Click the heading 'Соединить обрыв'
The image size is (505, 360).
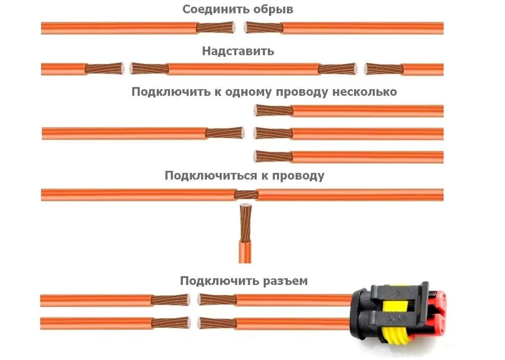[x=238, y=10]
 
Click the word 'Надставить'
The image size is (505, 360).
[x=238, y=51]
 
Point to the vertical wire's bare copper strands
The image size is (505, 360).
[x=245, y=223]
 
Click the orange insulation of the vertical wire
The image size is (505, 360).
[x=245, y=252]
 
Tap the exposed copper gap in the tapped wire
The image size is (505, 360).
[x=246, y=195]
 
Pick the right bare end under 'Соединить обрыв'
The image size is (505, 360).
[x=263, y=28]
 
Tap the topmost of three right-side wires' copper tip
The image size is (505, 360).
[x=274, y=111]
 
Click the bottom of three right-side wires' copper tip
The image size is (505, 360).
[x=274, y=157]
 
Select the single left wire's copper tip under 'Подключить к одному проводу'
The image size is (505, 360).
[x=225, y=133]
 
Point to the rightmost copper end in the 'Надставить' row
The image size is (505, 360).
[x=383, y=69]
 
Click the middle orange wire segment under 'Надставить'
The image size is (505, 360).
[x=243, y=69]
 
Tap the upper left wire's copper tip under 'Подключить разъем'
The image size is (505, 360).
[x=170, y=300]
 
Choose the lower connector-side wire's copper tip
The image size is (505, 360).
[x=217, y=323]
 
